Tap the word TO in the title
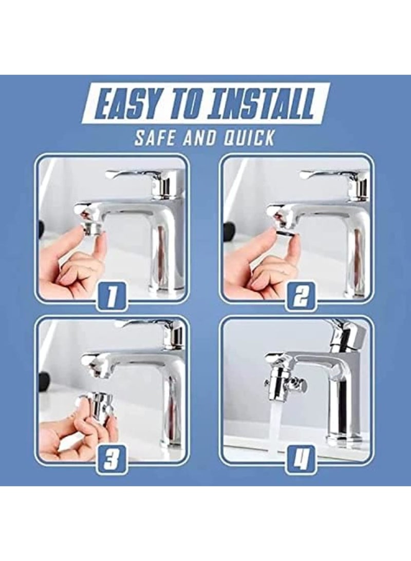click(187, 105)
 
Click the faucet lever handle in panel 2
click(329, 175)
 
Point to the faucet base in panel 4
click(342, 437)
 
